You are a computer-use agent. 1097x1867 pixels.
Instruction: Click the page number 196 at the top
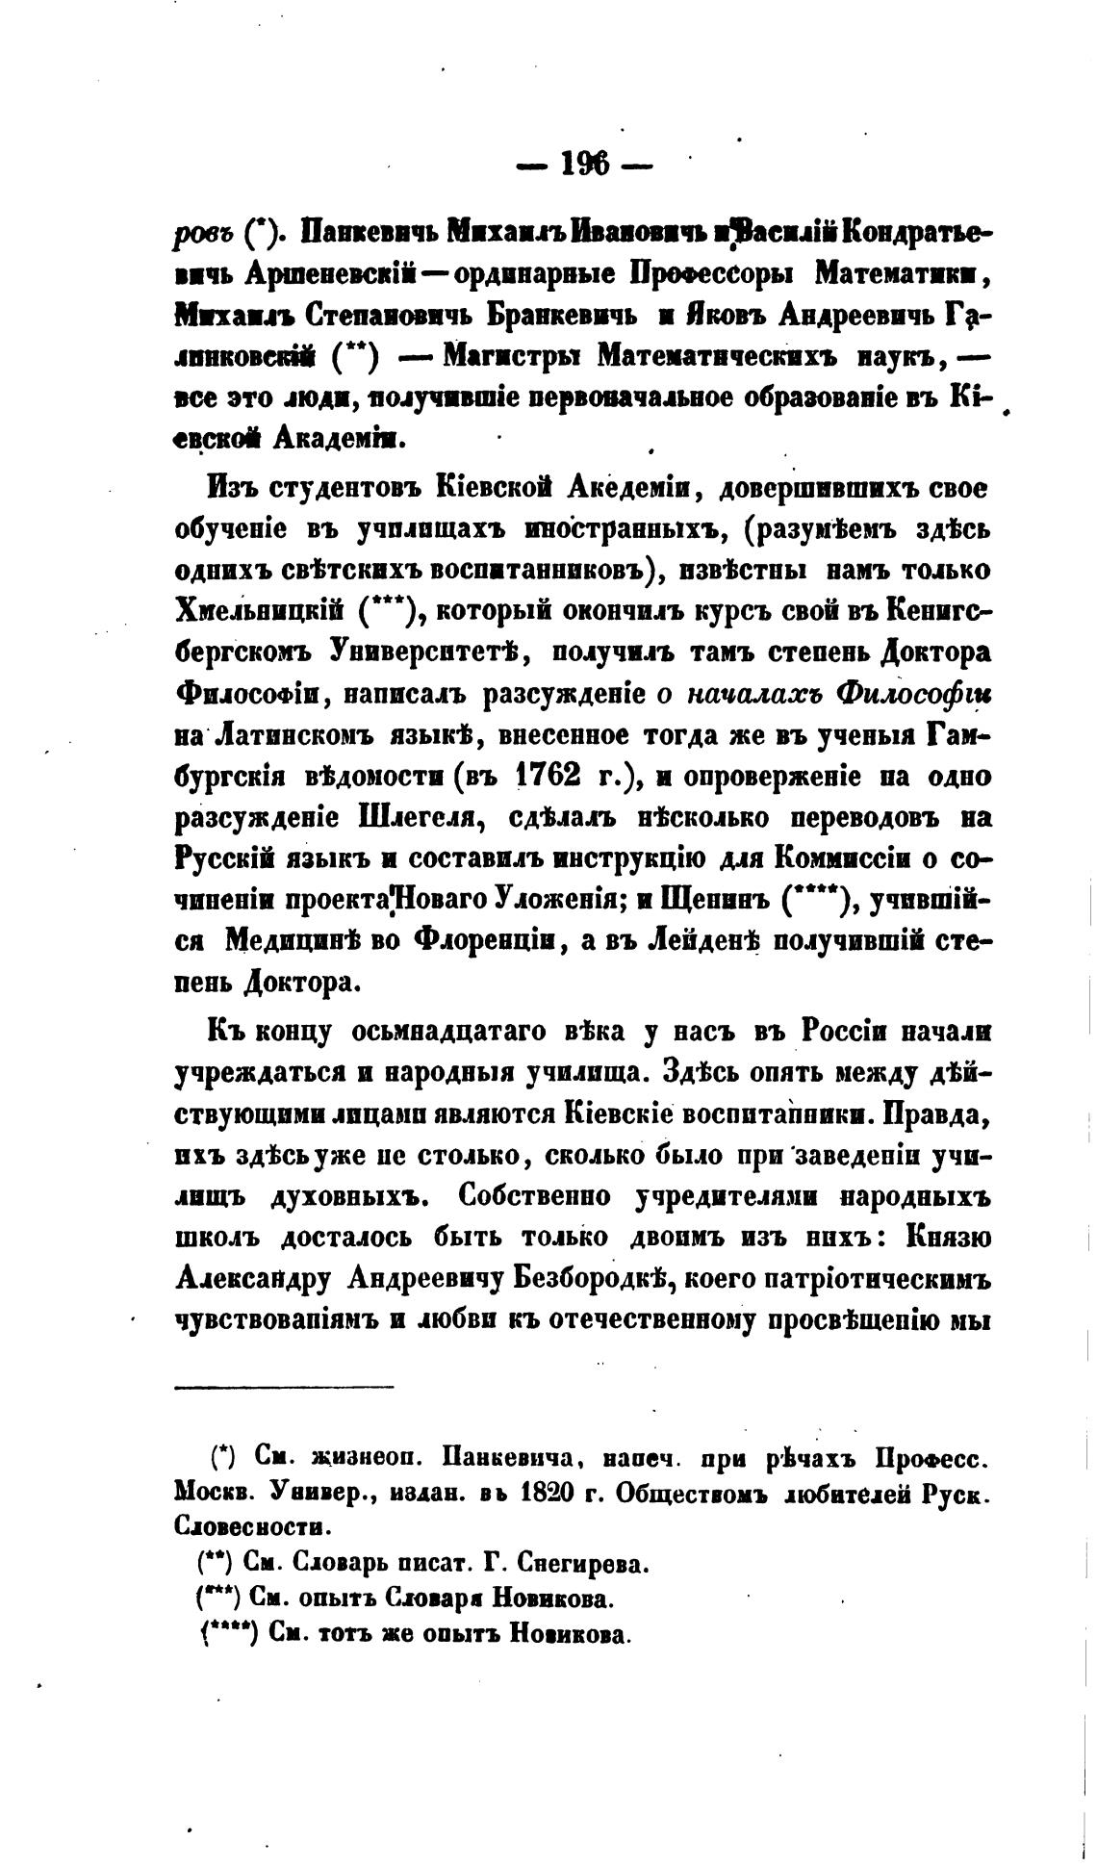point(584,166)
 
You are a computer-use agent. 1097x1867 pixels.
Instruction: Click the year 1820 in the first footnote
point(559,1492)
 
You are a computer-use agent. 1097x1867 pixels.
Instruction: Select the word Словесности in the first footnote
point(248,1526)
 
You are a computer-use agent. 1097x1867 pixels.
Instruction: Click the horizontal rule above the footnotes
point(285,1387)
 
